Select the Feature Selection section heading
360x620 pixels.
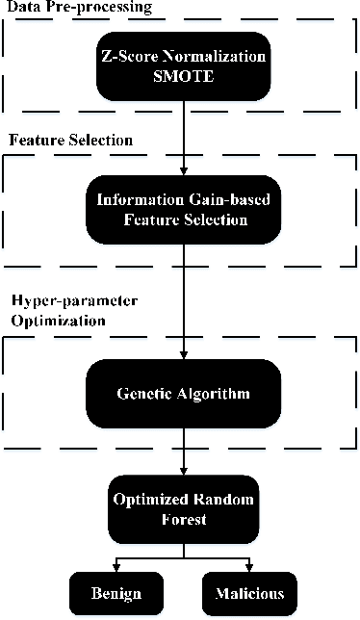coord(71,141)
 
